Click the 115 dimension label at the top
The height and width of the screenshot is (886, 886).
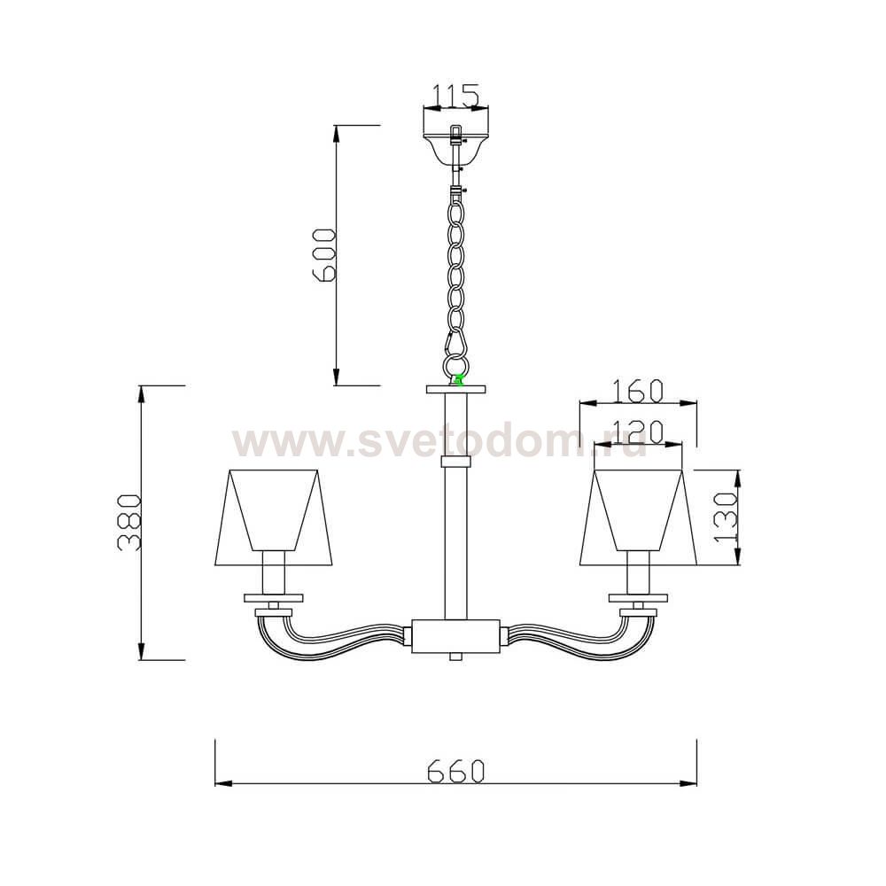(455, 94)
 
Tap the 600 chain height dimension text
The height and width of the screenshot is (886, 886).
(324, 254)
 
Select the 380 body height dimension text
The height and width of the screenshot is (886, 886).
(129, 522)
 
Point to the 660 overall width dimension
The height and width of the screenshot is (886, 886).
(455, 771)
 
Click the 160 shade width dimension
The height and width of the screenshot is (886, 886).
(637, 390)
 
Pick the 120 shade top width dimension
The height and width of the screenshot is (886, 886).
(638, 431)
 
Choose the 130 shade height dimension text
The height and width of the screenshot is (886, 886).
(726, 517)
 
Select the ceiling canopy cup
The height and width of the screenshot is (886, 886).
(455, 147)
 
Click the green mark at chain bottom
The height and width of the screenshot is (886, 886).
(458, 380)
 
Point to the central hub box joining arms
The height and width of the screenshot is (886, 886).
(455, 635)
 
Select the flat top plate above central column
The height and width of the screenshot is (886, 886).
(456, 389)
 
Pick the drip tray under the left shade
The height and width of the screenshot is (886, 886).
(274, 598)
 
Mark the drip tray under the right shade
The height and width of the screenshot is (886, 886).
(638, 598)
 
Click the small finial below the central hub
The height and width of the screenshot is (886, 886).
(455, 657)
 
